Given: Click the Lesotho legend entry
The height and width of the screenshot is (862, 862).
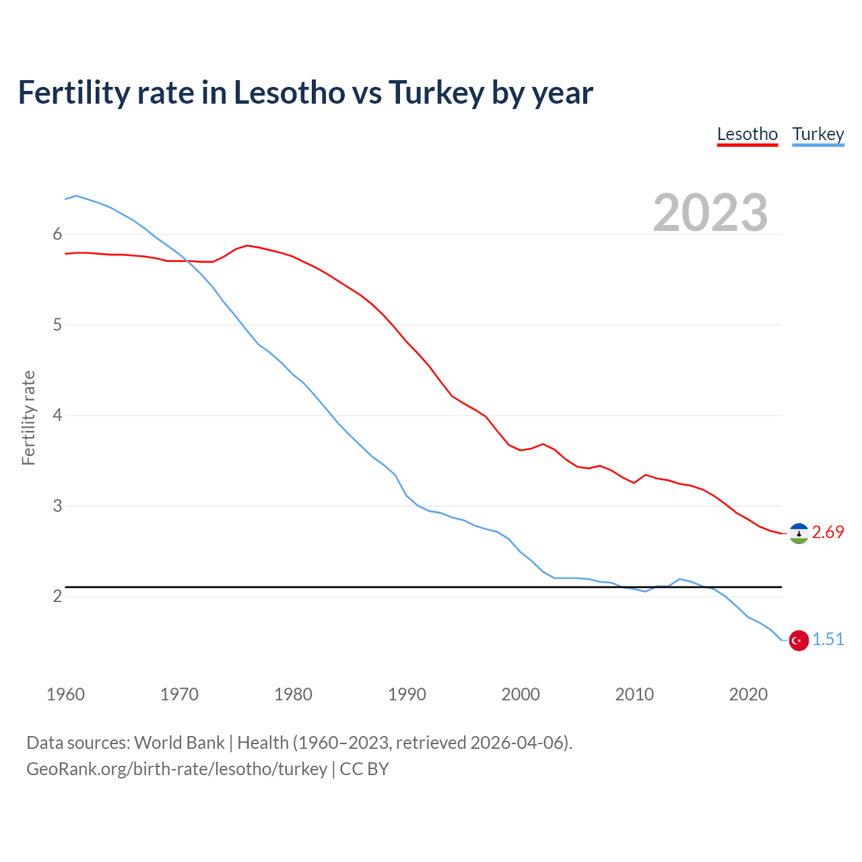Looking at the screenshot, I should coord(748,134).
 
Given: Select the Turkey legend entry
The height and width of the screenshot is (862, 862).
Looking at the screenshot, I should coord(818,134).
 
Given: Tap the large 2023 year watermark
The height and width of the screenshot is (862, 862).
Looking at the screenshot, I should coord(710,213).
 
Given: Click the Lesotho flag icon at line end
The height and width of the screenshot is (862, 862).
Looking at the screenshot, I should coord(799,533).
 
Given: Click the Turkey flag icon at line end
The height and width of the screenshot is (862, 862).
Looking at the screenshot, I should coord(799,640).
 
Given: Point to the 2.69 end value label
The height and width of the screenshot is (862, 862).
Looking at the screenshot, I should coord(828,533).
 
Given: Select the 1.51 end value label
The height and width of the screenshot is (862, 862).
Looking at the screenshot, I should coord(828,640).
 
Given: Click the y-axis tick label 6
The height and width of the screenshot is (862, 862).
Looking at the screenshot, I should coord(57,234).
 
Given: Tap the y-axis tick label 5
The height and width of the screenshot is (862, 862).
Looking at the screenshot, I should coord(57,325).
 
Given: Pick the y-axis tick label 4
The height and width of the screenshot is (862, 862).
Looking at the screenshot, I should coord(57,416).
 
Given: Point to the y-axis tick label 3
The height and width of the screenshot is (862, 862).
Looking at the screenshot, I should coord(57,506).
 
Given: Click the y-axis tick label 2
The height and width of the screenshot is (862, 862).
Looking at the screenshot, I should coord(57,597).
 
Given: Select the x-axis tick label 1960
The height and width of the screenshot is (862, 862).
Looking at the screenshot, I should coord(65,694).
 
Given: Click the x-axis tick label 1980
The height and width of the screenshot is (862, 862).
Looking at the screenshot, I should coord(293,694).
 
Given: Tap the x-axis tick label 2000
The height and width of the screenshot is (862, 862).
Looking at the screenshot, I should coord(521,694).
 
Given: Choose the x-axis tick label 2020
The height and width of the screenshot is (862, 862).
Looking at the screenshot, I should coord(748,694).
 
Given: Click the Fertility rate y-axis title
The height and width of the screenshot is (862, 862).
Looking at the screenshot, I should coord(28,418).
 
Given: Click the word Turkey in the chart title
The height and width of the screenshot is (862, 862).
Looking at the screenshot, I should coord(436,93).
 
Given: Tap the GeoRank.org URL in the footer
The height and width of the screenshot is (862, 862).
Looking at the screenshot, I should coord(176,769).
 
